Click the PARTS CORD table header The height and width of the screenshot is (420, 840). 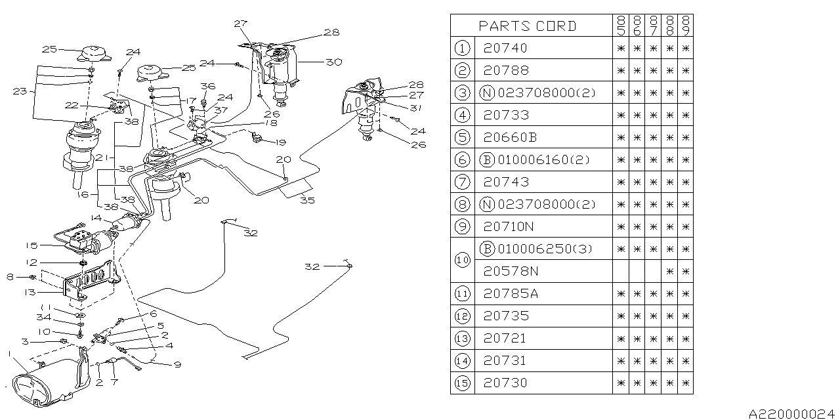tap(528, 26)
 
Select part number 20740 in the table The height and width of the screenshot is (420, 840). tap(505, 48)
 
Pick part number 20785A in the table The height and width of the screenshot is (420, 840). tap(510, 293)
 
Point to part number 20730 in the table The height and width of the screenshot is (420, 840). tap(505, 383)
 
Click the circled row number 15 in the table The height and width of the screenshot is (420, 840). tap(463, 383)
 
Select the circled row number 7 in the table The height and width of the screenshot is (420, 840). tap(463, 182)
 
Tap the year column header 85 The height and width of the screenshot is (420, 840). tap(620, 26)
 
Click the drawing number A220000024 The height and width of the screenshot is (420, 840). tap(793, 413)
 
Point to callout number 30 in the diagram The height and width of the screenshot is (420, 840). tap(334, 62)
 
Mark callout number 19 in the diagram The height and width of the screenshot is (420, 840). tap(281, 141)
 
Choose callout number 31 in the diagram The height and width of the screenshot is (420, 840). tap(416, 107)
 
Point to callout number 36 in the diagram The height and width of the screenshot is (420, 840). tap(208, 86)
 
